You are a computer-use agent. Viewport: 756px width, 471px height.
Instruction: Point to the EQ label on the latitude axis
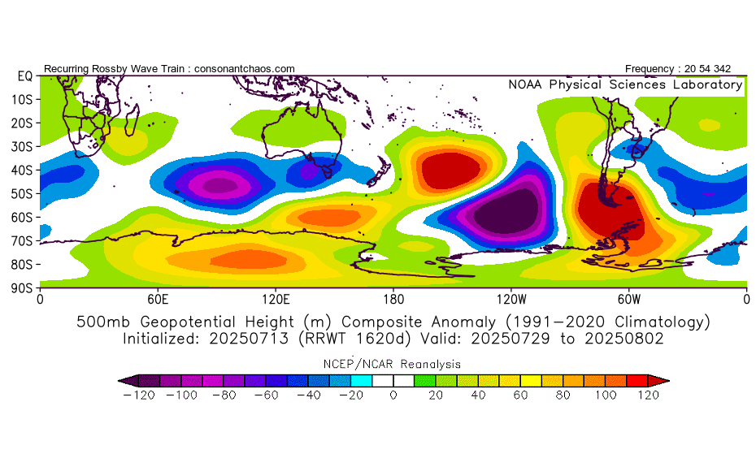24,76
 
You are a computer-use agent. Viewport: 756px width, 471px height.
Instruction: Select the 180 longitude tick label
393,298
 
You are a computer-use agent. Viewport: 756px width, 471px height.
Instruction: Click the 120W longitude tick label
511,298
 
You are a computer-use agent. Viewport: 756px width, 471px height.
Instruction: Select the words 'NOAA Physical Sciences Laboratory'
625,84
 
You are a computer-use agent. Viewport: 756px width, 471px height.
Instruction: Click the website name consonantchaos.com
243,69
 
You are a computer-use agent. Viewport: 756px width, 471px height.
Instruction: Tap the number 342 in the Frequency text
732,69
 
